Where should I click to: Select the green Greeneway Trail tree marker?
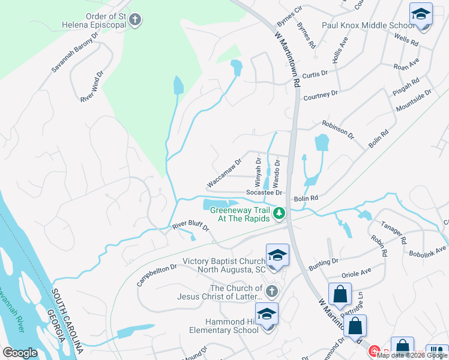point(279,212)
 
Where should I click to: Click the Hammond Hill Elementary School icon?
point(267,315)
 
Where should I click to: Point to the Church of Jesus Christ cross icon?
point(272,292)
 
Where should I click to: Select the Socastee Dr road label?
point(264,193)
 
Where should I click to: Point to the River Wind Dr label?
point(92,88)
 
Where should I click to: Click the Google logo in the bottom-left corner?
point(20,353)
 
